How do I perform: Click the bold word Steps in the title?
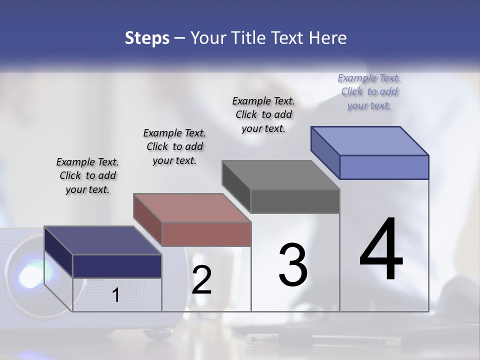point(146,38)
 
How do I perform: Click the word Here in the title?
point(328,38)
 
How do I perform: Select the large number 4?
point(381,249)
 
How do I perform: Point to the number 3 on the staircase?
point(292,264)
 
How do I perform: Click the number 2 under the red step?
point(201,280)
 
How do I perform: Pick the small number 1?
point(116,295)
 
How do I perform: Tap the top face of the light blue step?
point(369,140)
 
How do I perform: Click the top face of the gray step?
point(280,175)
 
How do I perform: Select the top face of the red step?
point(192,207)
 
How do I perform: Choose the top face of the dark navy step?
point(102,240)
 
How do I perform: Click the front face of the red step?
point(206,234)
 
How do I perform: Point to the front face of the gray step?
point(295,201)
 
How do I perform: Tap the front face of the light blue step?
point(384,167)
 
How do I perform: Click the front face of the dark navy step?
point(117,266)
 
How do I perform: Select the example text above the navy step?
point(87,175)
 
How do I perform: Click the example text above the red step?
point(174,146)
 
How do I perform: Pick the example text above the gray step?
point(263,114)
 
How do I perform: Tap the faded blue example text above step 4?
point(369,91)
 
